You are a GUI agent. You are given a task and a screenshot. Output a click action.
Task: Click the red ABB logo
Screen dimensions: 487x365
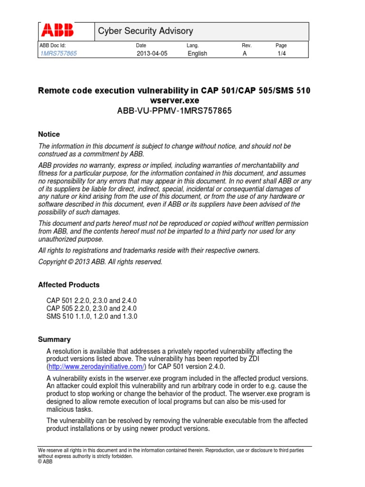tap(58, 31)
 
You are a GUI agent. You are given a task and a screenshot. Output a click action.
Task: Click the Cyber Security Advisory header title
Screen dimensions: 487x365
tap(145, 31)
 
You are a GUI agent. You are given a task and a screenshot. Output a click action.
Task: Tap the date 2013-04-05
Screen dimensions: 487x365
tap(152, 53)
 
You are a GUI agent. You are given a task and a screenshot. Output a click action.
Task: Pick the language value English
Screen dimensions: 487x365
tap(197, 53)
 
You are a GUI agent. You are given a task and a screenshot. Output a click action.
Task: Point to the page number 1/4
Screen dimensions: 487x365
tap(282, 53)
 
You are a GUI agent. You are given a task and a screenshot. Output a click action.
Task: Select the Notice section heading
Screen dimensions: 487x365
tap(49, 134)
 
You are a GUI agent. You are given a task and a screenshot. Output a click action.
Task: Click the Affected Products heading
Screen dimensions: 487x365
tap(68, 285)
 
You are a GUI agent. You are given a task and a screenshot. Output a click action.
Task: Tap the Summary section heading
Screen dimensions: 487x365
tap(54, 340)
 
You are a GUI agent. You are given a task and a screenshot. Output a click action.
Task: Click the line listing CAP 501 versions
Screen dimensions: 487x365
tap(92, 301)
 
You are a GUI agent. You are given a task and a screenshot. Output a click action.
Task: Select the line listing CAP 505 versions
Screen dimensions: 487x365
tap(92, 309)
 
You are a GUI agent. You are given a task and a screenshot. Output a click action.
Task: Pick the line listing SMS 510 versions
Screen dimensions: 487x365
tap(92, 316)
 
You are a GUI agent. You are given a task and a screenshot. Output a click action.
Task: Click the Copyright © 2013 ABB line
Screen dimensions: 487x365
tap(100, 262)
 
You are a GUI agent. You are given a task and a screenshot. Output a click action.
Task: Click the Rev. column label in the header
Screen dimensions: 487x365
tap(246, 45)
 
